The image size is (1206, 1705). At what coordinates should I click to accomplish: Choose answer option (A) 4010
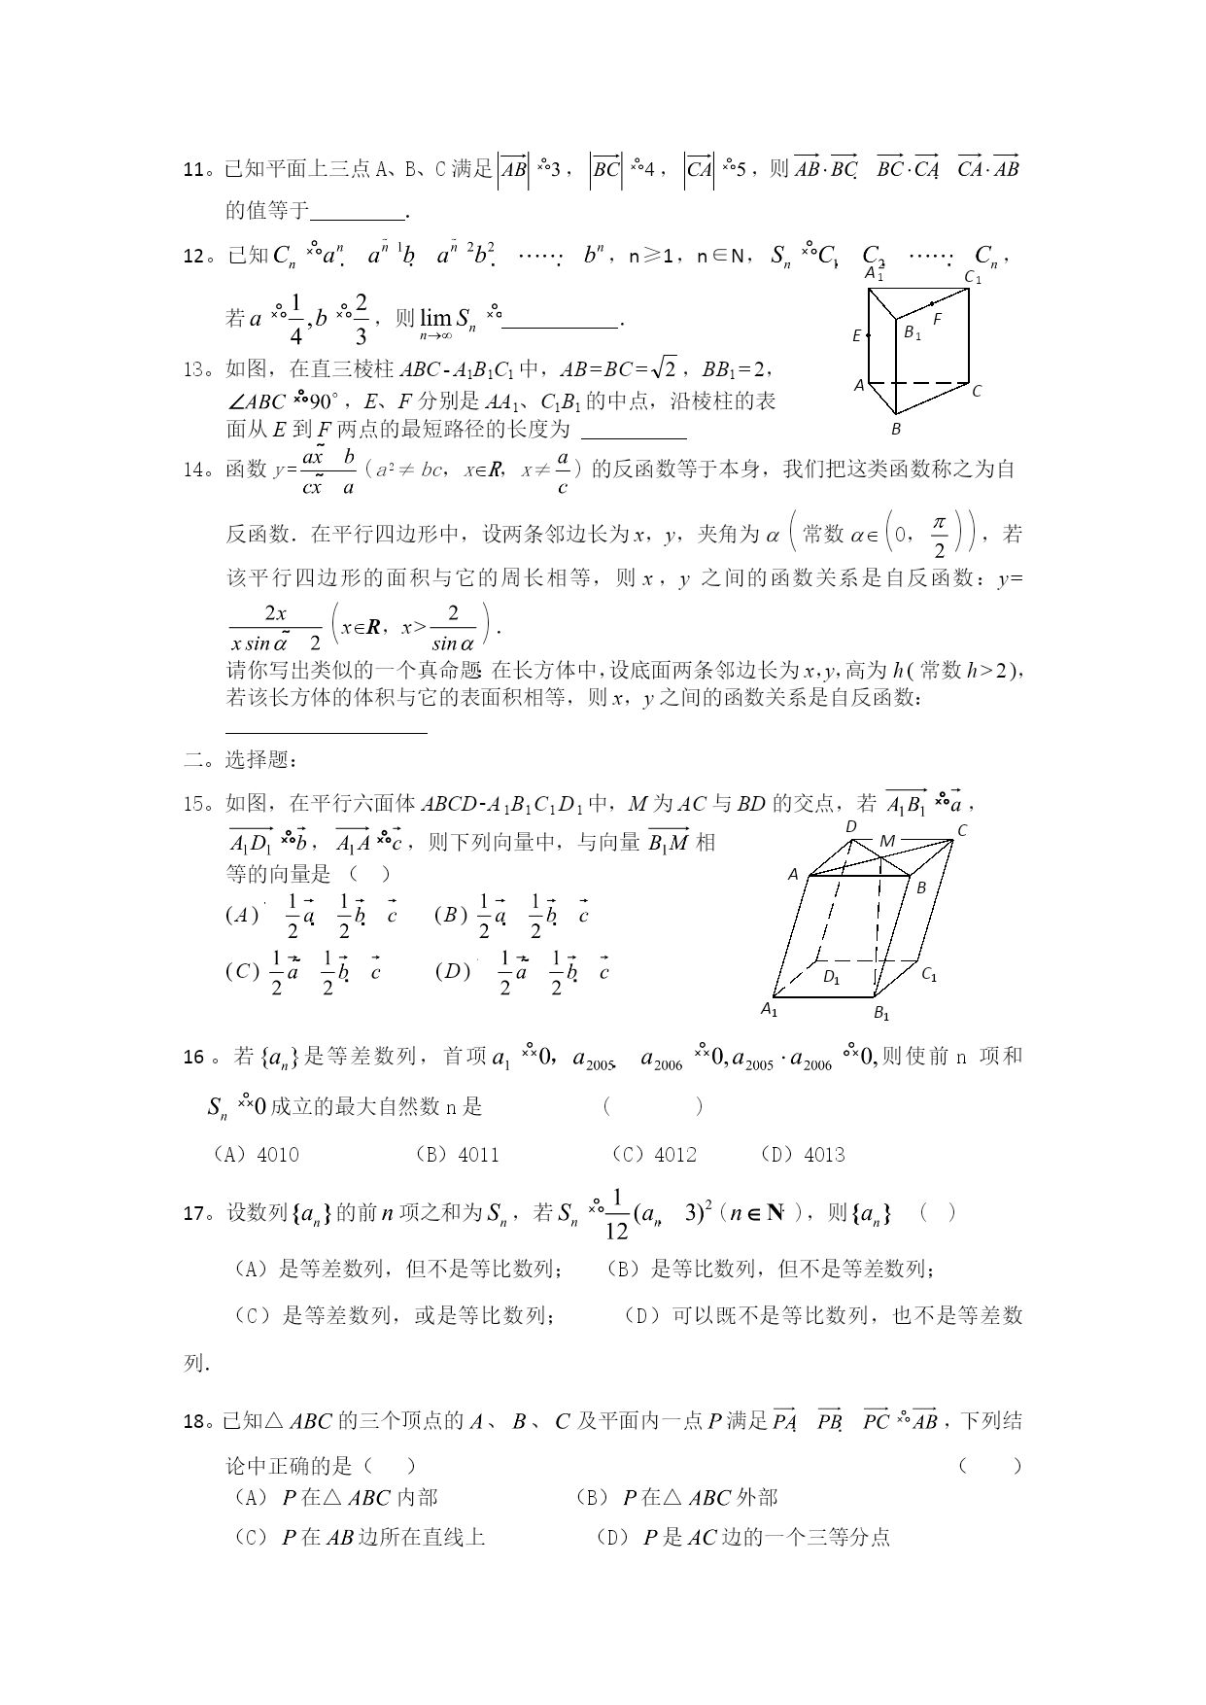click(256, 1155)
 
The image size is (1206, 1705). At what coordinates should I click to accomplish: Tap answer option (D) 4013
click(803, 1155)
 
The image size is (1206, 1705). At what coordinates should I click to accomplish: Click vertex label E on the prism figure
click(857, 336)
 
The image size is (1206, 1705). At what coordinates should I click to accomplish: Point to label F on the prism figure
click(937, 318)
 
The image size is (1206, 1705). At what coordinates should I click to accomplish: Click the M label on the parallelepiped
click(886, 840)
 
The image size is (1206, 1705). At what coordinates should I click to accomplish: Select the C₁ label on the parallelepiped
click(929, 974)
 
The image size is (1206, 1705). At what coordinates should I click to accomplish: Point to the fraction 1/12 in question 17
click(617, 1215)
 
